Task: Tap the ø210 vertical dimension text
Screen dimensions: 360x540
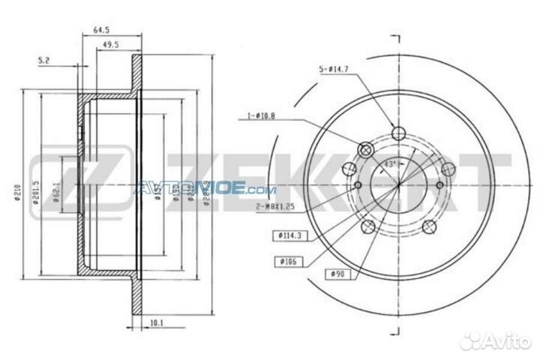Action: coord(14,192)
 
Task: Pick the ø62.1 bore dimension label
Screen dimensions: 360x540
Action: coord(55,187)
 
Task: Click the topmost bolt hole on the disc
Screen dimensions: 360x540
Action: coord(399,135)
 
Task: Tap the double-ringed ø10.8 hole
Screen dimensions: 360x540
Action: coord(365,148)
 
